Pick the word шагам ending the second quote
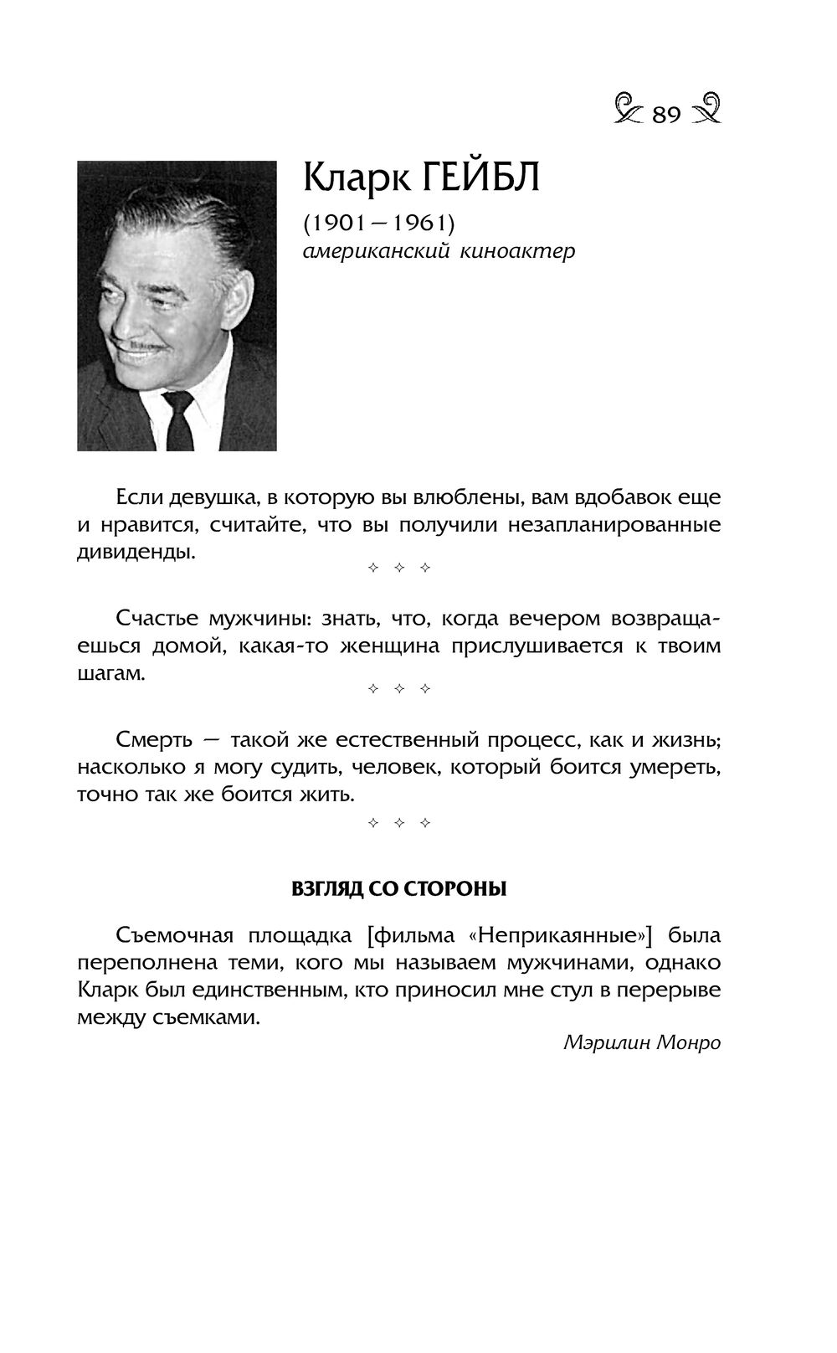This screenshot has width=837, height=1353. [110, 674]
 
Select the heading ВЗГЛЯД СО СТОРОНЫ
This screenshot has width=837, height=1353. [398, 888]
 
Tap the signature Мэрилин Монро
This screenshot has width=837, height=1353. [642, 1043]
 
